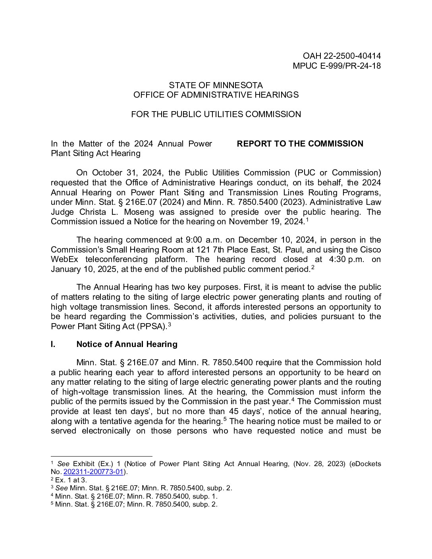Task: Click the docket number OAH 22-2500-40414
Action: (x=341, y=56)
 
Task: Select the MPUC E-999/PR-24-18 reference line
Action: (x=337, y=66)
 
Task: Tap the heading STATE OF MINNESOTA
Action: (x=216, y=85)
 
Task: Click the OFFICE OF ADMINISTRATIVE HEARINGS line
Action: (x=216, y=95)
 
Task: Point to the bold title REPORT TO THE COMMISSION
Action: (x=300, y=144)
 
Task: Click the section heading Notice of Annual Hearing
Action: (x=127, y=344)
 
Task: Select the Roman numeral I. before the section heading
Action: (x=53, y=344)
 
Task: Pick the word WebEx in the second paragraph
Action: (x=64, y=259)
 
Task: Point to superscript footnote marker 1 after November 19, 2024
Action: (x=307, y=220)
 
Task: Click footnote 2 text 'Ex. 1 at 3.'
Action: (x=71, y=480)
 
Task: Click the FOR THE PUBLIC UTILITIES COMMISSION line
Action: (x=216, y=114)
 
